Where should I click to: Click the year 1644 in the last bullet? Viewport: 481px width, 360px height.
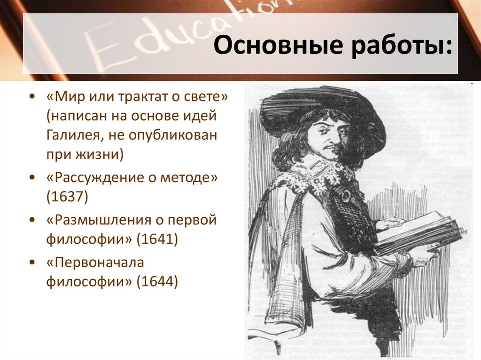click(157, 282)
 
